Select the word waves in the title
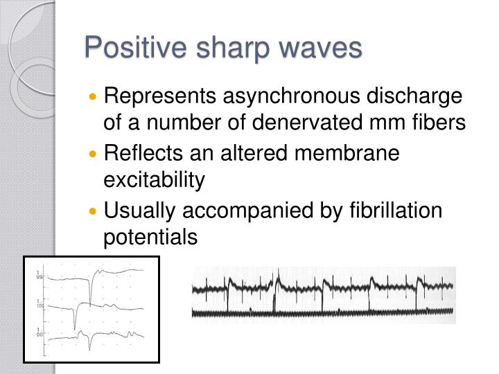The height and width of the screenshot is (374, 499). tap(324, 49)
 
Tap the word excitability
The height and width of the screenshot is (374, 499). tap(155, 181)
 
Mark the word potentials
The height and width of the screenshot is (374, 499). tap(150, 238)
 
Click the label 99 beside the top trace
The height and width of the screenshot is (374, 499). tap(40, 277)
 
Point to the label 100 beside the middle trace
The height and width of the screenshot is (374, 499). tap(40, 305)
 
